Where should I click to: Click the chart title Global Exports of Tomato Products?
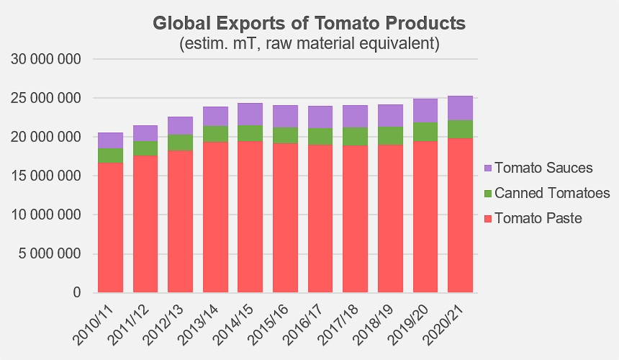coord(309,23)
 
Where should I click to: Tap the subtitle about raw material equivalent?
coord(309,43)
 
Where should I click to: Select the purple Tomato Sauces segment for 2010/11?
coord(111,140)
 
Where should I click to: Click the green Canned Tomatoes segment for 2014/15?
coord(250,133)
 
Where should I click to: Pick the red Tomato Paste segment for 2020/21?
coord(461,215)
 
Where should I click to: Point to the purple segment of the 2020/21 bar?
coord(461,108)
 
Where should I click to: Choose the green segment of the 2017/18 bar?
coord(356,137)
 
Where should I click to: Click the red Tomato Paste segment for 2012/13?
coord(181,222)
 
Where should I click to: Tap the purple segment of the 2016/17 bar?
coord(320,117)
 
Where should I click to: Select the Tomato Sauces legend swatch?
coord(488,168)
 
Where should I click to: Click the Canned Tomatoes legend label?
coord(552,193)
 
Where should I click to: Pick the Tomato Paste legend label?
coord(538,218)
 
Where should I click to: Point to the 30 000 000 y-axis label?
coord(46,59)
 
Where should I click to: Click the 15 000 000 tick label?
coord(46,176)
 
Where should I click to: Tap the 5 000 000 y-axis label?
coord(50,254)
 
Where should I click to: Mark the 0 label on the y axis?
coord(76,292)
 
